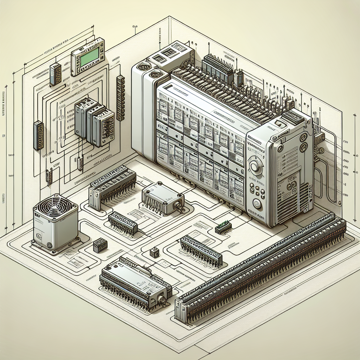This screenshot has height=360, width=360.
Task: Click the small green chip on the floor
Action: [x=223, y=227]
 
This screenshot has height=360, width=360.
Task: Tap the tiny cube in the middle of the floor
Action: [x=154, y=252]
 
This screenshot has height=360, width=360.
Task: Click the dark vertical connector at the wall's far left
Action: [x=38, y=135]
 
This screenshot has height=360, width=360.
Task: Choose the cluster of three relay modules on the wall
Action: [x=94, y=121]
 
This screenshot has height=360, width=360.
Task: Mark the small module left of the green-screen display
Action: [x=55, y=74]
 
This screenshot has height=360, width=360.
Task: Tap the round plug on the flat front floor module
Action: [x=162, y=299]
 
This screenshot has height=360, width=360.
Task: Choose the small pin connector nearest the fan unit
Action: [x=123, y=223]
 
